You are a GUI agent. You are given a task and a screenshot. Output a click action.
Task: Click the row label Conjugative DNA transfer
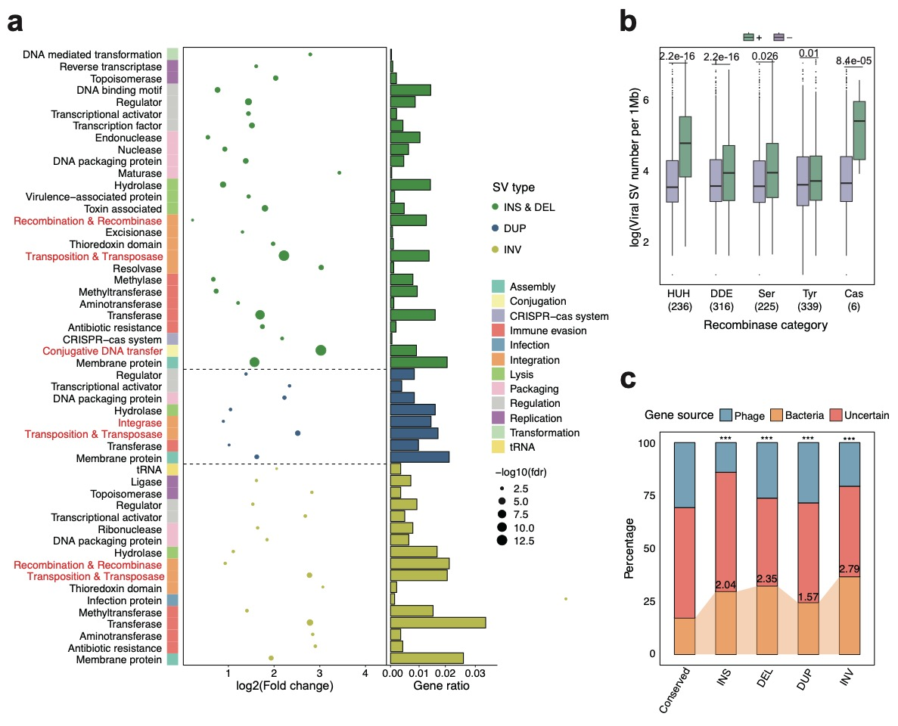[102, 351]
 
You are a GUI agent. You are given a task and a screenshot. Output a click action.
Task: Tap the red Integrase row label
[139, 423]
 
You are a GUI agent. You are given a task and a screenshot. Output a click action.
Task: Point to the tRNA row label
[148, 469]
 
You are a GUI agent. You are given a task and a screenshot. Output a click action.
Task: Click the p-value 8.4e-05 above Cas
[853, 60]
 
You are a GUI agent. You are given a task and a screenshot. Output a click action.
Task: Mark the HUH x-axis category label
[673, 293]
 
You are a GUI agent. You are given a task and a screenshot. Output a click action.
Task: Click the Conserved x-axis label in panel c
[676, 690]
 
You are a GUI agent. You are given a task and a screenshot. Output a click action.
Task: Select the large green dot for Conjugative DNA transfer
[321, 350]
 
